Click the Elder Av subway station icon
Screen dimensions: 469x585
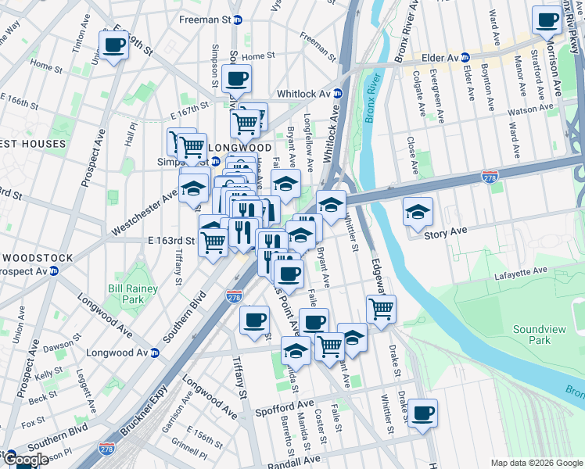[465, 57]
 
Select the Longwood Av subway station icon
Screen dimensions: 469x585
[155, 353]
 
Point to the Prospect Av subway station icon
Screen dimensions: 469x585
[54, 271]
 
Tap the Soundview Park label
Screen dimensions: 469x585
[537, 335]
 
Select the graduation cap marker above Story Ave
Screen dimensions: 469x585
[418, 211]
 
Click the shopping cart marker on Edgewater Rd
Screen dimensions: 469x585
[381, 309]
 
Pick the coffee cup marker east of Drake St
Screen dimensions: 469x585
[423, 413]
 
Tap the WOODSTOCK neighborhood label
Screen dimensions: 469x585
[37, 257]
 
